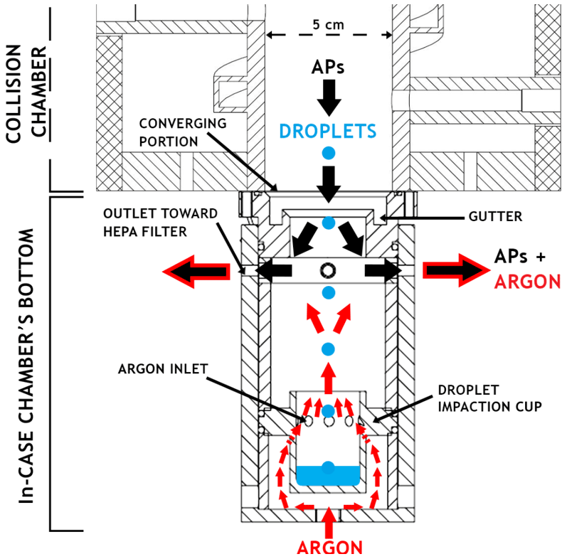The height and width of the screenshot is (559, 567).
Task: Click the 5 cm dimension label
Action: click(x=327, y=25)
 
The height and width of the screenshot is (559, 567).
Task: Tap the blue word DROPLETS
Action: click(x=328, y=131)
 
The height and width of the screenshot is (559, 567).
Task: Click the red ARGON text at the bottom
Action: click(x=329, y=547)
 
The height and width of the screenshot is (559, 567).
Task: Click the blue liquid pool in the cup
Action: click(x=328, y=475)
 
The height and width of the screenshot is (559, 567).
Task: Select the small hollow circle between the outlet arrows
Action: click(x=329, y=270)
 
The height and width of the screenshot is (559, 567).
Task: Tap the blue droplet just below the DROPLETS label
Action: click(x=328, y=153)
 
